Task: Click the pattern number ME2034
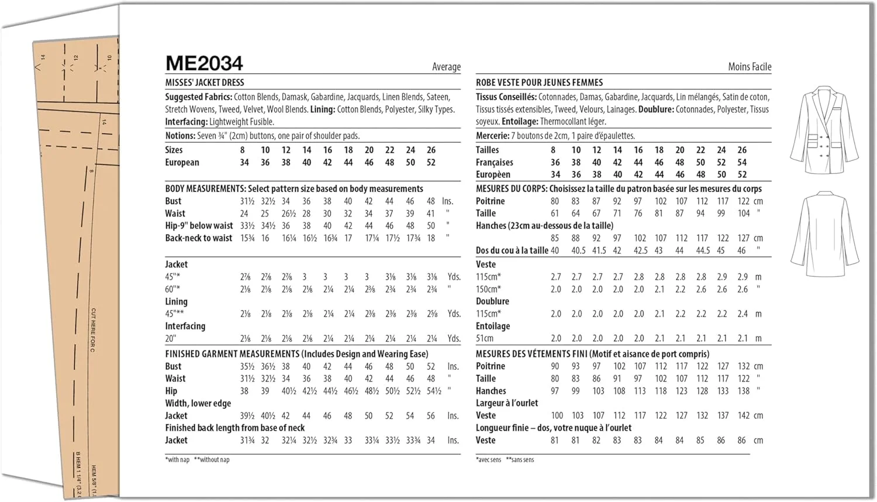(x=204, y=63)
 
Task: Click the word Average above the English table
(x=446, y=67)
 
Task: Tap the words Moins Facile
(x=749, y=67)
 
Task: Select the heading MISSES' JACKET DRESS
(x=205, y=82)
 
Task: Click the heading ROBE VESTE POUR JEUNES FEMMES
(x=539, y=82)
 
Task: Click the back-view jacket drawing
(x=824, y=234)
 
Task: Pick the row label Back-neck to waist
(x=199, y=238)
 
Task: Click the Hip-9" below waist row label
(x=199, y=226)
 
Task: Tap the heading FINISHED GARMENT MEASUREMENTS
(x=232, y=354)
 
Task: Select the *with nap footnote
(x=177, y=460)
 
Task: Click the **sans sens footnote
(x=520, y=460)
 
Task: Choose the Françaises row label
(x=494, y=163)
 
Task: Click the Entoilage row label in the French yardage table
(x=492, y=326)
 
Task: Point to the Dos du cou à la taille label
(x=512, y=250)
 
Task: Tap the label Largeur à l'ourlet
(x=507, y=403)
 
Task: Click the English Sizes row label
(x=174, y=150)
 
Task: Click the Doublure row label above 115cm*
(x=492, y=301)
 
